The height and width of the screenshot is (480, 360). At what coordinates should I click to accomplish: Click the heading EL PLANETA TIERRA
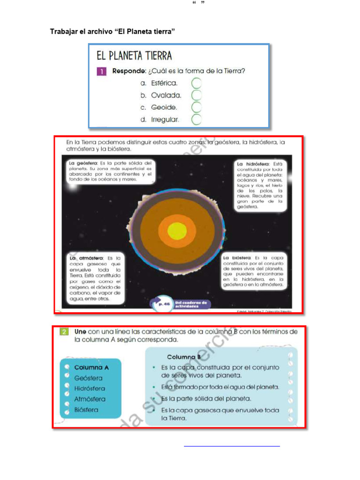[134, 56]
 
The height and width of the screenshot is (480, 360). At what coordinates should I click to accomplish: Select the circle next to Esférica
[196, 83]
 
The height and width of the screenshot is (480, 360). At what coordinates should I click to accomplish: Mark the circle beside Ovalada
[196, 96]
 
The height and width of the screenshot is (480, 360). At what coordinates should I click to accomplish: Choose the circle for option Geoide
[196, 107]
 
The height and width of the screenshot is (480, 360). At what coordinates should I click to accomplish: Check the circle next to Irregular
[196, 120]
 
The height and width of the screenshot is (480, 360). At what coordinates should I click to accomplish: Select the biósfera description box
[253, 271]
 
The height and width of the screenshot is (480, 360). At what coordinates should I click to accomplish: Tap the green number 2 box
[65, 332]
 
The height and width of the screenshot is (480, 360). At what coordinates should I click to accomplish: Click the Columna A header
[91, 367]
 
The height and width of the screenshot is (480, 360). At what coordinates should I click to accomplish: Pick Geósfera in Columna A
[89, 378]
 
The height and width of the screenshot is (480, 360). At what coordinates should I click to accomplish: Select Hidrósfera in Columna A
[90, 389]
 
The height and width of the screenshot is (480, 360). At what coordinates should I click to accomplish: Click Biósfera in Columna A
[87, 410]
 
